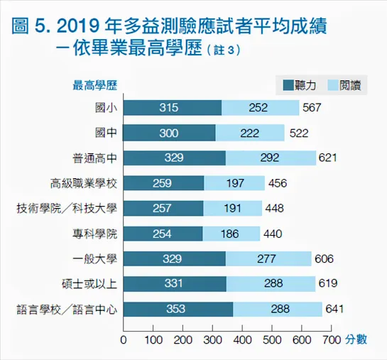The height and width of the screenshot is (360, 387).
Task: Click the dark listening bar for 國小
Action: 173,107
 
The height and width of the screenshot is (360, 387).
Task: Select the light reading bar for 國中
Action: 250,133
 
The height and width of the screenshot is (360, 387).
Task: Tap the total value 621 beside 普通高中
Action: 327,158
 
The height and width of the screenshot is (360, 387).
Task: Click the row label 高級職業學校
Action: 84,183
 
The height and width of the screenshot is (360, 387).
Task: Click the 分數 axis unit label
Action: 357,339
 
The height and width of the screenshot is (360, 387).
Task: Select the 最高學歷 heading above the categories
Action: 95,85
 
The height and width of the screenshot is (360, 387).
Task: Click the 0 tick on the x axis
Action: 124,339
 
